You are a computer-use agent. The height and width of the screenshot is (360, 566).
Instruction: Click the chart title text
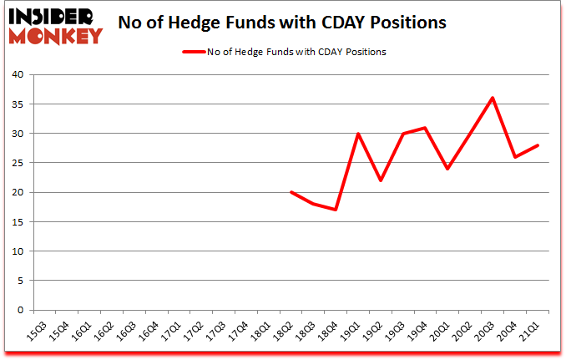282,23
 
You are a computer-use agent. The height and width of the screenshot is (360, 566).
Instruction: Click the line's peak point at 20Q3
493,98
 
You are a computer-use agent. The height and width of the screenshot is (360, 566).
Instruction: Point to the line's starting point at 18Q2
291,192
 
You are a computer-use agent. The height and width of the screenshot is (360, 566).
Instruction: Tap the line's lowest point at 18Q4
336,210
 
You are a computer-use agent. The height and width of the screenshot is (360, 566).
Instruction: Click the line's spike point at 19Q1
358,134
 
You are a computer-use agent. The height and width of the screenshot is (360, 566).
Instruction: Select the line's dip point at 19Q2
381,180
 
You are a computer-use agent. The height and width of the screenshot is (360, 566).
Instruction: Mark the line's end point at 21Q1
538,145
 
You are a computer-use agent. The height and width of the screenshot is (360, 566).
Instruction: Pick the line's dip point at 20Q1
448,169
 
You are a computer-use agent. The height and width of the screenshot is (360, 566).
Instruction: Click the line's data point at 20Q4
516,157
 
